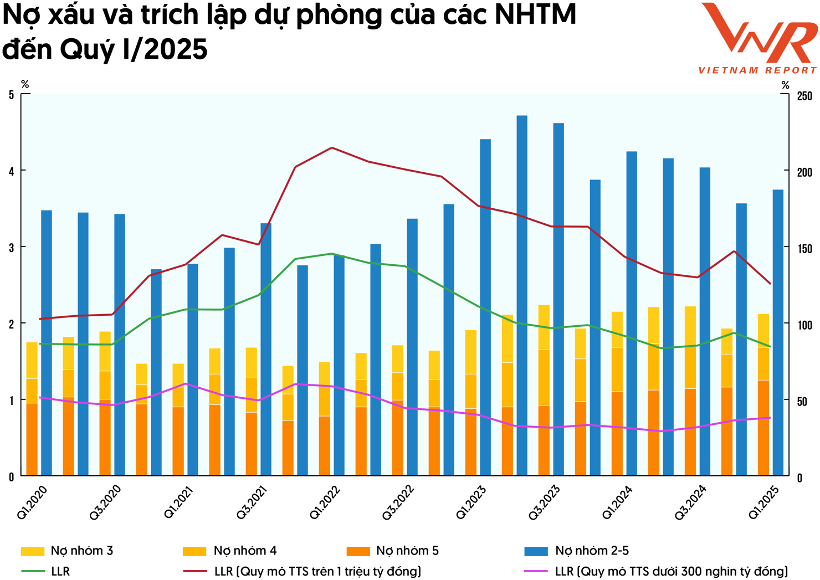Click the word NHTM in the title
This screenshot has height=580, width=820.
coord(535,15)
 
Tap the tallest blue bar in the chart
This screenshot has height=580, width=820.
coord(522,294)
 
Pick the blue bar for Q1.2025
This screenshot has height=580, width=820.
coord(778,332)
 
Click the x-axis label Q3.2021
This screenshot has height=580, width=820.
coord(252,502)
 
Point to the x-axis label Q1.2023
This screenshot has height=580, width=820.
coord(471,502)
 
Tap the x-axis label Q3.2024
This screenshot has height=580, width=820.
coord(690,502)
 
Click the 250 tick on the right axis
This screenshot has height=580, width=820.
coord(804,96)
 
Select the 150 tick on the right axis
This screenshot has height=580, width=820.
coord(804,249)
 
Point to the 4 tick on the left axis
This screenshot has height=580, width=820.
coord(11,172)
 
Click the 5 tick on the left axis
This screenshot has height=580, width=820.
coord(11,95)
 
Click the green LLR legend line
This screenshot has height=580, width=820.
coord(33,571)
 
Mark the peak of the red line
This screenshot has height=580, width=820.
coord(331,148)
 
